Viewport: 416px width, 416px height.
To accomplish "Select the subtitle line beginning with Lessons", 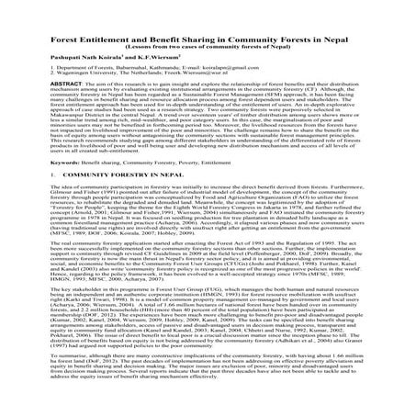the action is click(x=208, y=39).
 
